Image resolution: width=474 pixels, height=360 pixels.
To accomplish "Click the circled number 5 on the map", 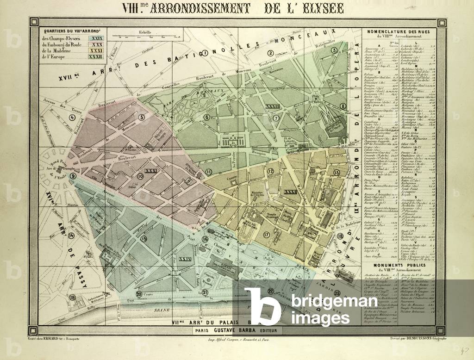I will point(141,117).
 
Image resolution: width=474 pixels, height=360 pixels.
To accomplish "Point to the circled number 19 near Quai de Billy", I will point(72,298).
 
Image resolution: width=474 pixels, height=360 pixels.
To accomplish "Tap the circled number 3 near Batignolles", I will point(334,50).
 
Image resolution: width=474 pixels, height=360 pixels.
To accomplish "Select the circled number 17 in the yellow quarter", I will point(266,235).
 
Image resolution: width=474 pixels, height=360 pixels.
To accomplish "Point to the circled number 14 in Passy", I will point(71,235).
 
